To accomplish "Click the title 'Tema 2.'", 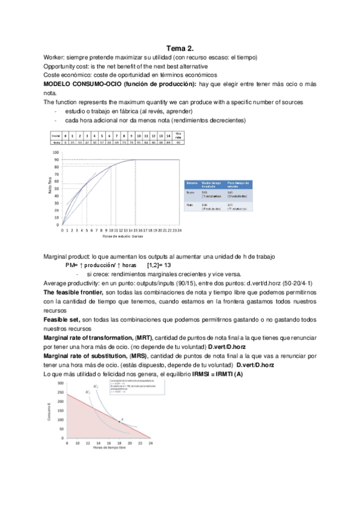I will (180, 48).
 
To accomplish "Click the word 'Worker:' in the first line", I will (55, 57).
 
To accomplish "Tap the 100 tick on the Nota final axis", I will (56, 153).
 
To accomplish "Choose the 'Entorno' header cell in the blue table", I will (193, 182).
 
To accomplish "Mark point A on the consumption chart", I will (120, 422).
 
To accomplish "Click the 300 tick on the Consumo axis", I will (61, 383).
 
